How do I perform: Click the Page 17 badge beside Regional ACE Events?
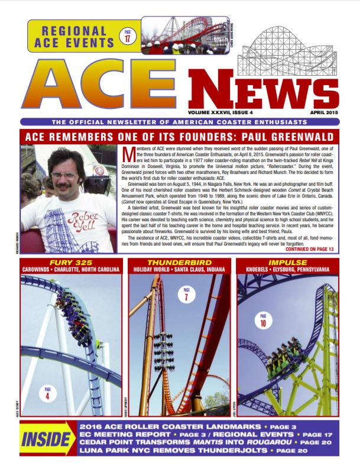click(127, 36)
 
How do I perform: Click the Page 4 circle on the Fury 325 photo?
click(46, 391)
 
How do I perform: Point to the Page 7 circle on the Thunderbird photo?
click(187, 293)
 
